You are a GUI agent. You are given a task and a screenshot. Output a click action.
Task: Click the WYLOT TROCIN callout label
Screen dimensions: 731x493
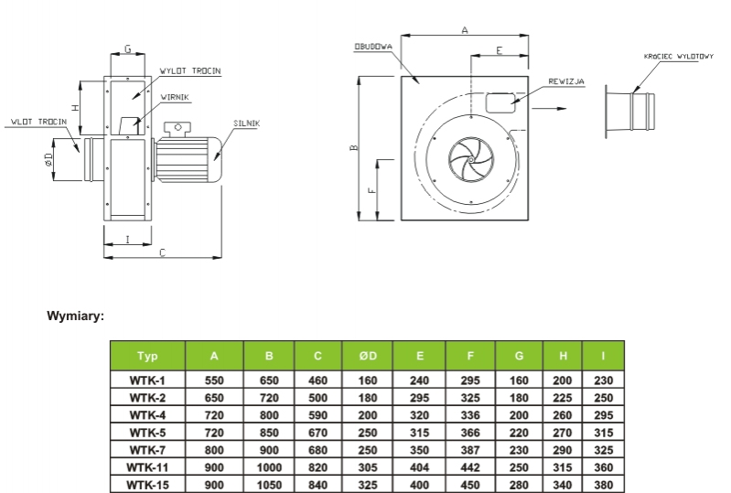click(190, 71)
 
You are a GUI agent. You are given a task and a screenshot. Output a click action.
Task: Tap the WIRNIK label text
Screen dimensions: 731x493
click(175, 97)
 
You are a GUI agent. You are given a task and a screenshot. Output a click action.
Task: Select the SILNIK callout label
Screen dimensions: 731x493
click(247, 123)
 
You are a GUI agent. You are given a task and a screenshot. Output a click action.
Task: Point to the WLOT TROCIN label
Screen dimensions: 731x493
click(39, 122)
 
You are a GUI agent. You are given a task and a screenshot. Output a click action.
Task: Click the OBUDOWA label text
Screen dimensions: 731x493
click(373, 47)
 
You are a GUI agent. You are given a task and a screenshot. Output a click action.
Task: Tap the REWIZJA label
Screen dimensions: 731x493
click(566, 81)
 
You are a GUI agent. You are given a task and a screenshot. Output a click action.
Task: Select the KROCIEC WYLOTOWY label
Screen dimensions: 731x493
click(678, 57)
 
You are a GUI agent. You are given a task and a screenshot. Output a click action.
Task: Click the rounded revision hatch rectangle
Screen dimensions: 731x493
click(500, 103)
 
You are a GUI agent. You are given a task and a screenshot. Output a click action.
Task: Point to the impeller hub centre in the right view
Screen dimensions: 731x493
click(471, 160)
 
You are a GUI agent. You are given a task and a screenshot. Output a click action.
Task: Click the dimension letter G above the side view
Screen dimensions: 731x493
click(127, 48)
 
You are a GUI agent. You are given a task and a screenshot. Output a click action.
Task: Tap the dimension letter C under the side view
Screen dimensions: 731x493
click(162, 252)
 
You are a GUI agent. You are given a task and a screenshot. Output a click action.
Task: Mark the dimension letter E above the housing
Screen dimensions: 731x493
click(500, 50)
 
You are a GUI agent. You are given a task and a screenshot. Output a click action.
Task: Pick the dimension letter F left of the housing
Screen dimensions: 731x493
click(371, 190)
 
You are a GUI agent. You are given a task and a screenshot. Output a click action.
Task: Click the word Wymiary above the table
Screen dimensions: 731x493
click(76, 316)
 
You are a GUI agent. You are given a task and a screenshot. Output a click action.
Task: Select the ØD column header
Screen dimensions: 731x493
click(368, 356)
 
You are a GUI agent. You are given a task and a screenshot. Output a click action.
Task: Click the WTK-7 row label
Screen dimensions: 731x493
click(147, 450)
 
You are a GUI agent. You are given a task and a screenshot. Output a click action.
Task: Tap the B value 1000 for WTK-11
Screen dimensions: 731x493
click(269, 467)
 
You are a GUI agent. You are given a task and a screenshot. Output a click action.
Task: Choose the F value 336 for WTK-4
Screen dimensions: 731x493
click(470, 415)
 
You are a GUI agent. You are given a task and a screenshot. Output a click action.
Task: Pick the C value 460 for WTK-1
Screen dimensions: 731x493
click(318, 380)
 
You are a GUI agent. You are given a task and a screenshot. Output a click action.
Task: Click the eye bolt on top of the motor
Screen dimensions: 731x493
click(177, 128)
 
